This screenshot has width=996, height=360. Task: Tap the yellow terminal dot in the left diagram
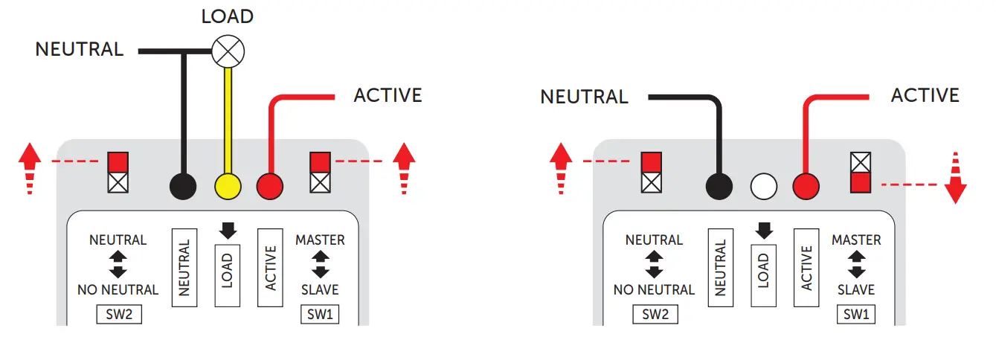point(228,184)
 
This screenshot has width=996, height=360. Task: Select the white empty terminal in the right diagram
point(764,184)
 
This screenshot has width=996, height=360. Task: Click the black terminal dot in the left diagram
point(184,184)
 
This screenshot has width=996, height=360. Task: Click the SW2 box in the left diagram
point(119,315)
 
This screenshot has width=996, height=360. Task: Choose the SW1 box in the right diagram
point(856,315)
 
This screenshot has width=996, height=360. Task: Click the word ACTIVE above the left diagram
point(388,96)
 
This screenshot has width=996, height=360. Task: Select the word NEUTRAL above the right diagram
point(584,97)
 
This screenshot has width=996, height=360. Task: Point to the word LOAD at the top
point(227,16)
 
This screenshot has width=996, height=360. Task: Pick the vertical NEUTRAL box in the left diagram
point(184,267)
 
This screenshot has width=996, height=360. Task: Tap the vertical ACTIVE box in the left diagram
point(270,267)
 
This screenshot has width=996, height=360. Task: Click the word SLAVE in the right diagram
point(856,289)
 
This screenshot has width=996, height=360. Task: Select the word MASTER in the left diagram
point(320,240)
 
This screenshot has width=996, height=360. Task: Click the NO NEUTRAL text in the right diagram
point(654,289)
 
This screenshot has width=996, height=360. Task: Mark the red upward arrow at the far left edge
point(30,169)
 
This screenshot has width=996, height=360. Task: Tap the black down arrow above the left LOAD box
point(228,231)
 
